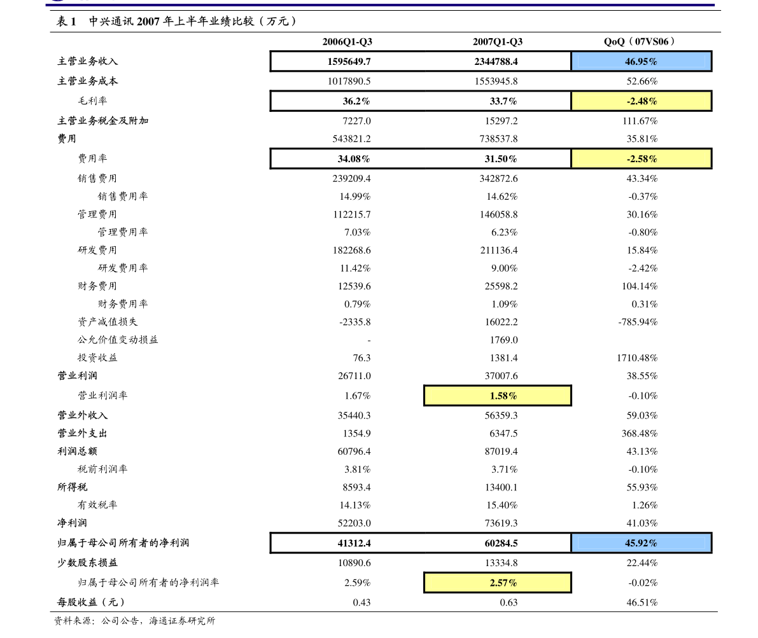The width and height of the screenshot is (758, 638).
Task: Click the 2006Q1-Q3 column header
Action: click(x=347, y=41)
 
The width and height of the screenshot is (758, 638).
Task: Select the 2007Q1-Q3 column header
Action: click(x=498, y=41)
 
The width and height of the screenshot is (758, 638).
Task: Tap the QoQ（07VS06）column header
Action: click(x=639, y=41)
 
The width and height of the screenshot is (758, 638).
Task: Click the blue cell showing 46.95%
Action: click(x=641, y=62)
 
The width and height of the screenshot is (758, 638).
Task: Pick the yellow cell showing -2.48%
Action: click(x=641, y=101)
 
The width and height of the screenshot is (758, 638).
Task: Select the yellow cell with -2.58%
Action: click(x=641, y=158)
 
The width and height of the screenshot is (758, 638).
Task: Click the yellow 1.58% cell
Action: click(x=498, y=396)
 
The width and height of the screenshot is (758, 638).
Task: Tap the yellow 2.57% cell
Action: click(x=498, y=583)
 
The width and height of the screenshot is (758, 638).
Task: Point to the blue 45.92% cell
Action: click(x=641, y=543)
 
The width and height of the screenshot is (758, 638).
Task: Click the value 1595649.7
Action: click(x=349, y=62)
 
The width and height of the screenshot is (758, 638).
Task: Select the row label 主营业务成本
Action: click(x=87, y=81)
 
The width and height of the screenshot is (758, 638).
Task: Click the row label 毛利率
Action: click(x=92, y=101)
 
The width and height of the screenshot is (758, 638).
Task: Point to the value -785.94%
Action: click(x=638, y=322)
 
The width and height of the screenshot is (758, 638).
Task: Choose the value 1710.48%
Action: click(x=637, y=357)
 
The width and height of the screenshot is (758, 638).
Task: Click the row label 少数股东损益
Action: click(x=87, y=562)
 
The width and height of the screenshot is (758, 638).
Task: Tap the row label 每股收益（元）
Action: click(x=91, y=602)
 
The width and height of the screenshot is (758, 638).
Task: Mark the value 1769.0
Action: click(x=503, y=340)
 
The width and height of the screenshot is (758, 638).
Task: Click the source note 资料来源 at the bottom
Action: click(x=134, y=621)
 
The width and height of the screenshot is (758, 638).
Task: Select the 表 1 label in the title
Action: click(x=66, y=21)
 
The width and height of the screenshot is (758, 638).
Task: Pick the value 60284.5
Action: click(x=502, y=543)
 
